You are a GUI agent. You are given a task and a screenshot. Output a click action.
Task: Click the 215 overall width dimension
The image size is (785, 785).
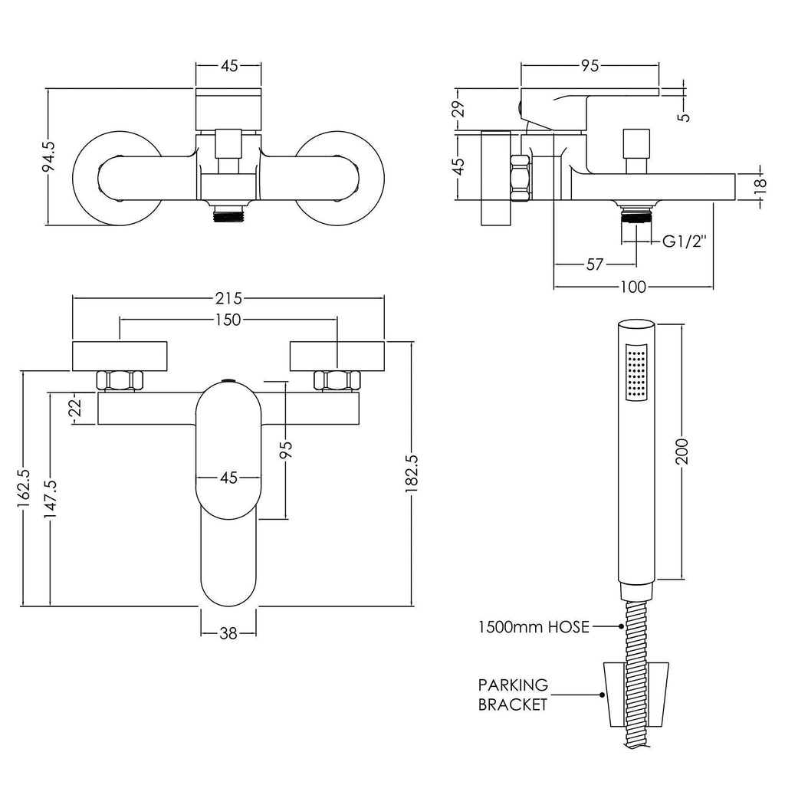[228, 298]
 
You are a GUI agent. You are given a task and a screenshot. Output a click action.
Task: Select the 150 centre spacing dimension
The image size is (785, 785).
[228, 320]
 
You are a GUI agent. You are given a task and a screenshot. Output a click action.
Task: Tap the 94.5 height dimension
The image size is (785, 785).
[50, 156]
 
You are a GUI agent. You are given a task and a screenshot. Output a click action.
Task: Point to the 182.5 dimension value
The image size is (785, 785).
[411, 473]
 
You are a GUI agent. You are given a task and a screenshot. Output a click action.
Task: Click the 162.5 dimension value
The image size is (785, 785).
[24, 488]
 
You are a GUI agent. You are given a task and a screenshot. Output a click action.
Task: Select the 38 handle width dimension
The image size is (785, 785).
[228, 633]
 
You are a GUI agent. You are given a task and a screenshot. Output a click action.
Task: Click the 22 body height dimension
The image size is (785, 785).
[74, 408]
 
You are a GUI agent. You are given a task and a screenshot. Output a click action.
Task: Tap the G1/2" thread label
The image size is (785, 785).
[685, 241]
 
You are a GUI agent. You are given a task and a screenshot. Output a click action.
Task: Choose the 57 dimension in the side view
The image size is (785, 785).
[594, 264]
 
